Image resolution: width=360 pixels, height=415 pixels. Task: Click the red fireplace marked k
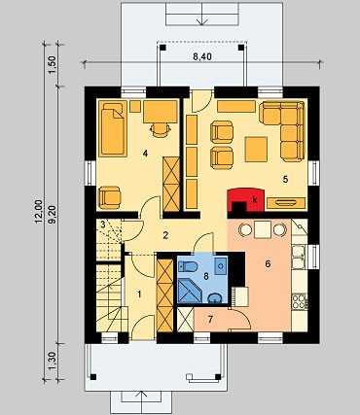click(245, 199)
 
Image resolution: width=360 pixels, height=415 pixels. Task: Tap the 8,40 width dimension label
click(202, 56)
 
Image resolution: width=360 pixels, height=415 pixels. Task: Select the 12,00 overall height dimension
click(39, 212)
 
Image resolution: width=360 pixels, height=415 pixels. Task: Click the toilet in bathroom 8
click(189, 266)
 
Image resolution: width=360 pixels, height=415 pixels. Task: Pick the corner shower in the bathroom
click(189, 292)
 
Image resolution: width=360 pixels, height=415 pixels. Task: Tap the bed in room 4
click(113, 127)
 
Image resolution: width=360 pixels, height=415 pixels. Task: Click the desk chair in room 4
click(161, 129)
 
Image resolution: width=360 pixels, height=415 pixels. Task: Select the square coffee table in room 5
click(256, 149)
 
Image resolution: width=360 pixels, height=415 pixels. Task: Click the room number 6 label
click(268, 264)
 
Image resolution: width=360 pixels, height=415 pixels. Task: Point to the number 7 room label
click(210, 320)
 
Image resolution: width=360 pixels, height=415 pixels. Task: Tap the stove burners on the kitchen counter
click(299, 301)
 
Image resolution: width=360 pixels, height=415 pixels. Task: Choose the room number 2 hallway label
click(165, 235)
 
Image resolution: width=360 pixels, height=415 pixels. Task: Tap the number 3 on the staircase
click(102, 225)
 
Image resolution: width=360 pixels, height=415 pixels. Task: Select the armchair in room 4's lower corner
click(110, 197)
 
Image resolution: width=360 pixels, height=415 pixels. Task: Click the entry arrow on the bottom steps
click(141, 398)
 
